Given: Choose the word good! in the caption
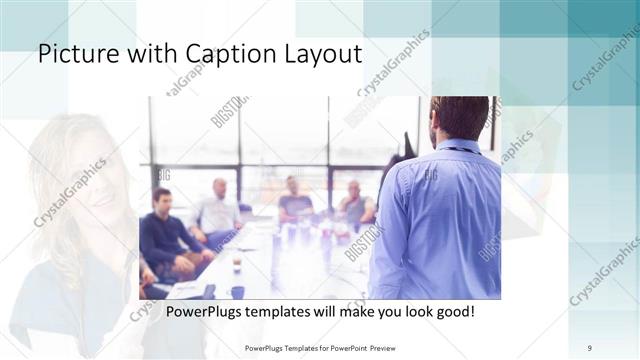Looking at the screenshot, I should (453, 312).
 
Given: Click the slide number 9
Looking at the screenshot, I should (590, 348).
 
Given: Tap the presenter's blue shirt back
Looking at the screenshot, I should (440, 220).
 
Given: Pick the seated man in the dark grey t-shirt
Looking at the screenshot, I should (295, 199).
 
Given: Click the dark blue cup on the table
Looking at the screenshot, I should (237, 292).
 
